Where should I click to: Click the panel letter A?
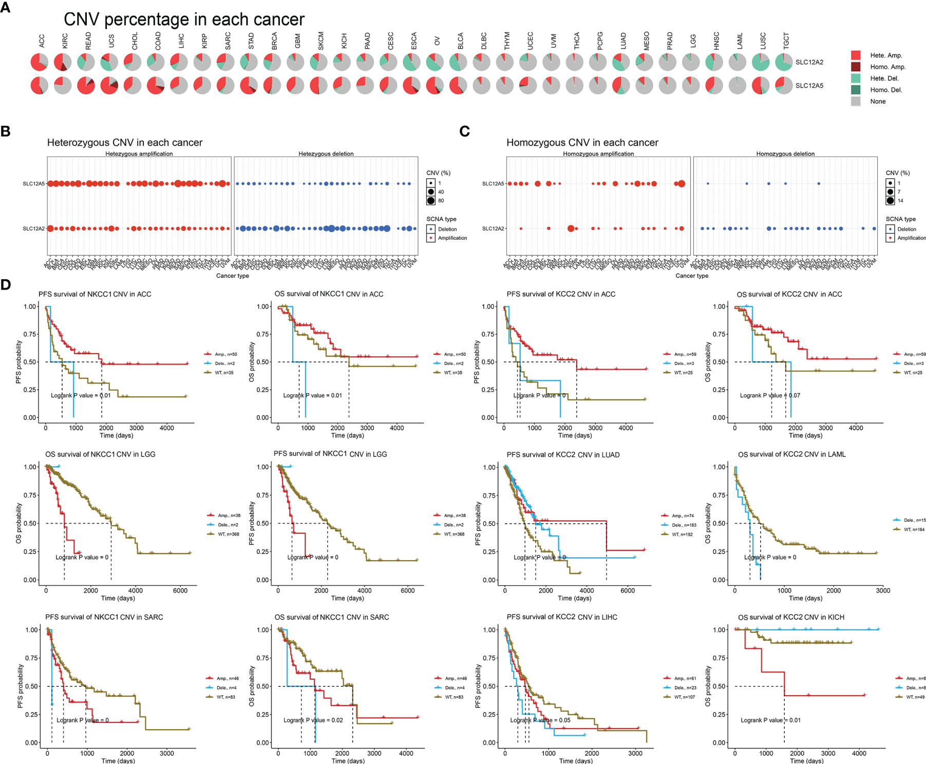(x=5, y=9)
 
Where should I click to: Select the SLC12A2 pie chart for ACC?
(x=39, y=62)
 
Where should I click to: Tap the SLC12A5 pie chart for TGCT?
(x=784, y=85)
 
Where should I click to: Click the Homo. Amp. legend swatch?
(x=856, y=67)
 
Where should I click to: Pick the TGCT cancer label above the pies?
(x=786, y=40)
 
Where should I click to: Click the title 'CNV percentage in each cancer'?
(x=184, y=20)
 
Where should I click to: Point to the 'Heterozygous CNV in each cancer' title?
(x=125, y=143)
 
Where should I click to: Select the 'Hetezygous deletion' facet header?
(x=326, y=154)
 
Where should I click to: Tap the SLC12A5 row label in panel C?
(x=493, y=184)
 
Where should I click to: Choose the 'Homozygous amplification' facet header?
(x=598, y=154)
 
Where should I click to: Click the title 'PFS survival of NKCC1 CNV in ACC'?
(x=95, y=294)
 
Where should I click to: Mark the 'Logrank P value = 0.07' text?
(x=769, y=395)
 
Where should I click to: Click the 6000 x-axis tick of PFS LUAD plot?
(x=627, y=590)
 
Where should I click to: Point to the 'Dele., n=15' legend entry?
(x=914, y=520)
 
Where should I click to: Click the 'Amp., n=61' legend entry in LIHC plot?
(x=685, y=678)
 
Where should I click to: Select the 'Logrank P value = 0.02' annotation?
(x=313, y=720)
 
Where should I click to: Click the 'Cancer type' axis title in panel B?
(x=232, y=276)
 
